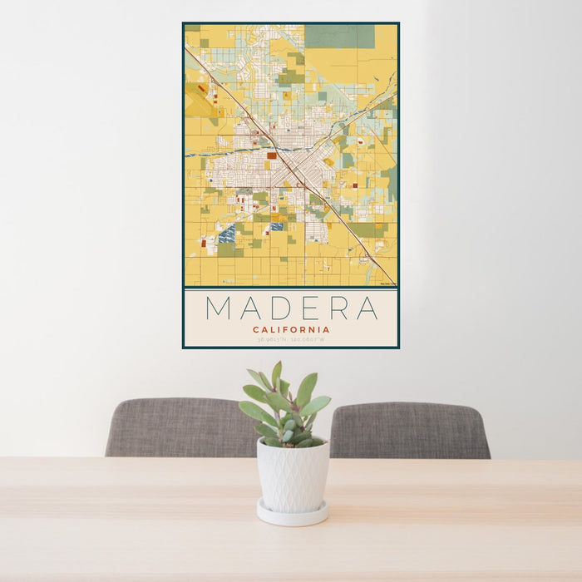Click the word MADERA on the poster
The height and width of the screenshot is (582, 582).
[291, 308]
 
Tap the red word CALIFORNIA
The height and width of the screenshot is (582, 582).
[291, 329]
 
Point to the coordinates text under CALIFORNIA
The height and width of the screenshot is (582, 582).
[291, 339]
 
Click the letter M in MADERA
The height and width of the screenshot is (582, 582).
[219, 308]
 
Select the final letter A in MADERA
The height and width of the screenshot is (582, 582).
[366, 308]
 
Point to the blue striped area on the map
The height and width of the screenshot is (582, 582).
[226, 234]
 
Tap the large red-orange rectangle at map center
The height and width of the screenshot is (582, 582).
[272, 155]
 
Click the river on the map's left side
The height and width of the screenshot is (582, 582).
[208, 153]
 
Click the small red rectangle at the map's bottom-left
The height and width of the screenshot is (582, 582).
[202, 244]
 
